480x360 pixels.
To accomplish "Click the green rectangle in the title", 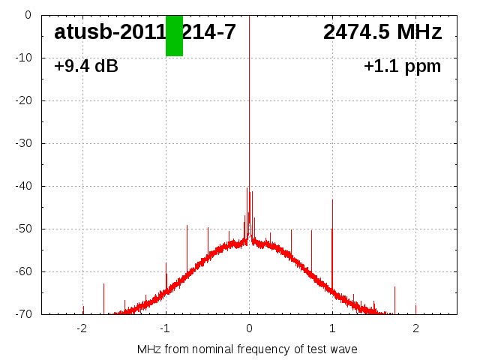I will click(174, 35).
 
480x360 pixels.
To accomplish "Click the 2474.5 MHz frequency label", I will click(382, 32).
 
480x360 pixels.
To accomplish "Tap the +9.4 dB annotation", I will click(86, 67).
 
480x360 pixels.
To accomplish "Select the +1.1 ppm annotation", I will click(402, 67).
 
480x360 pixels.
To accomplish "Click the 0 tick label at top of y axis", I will click(27, 15).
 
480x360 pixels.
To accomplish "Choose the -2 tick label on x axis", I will click(82, 328).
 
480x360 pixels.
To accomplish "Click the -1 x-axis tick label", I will click(165, 328).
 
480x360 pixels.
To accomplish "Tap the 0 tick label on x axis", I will click(249, 328).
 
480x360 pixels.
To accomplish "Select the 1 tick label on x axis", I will click(332, 328).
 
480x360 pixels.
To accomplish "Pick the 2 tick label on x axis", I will click(415, 328).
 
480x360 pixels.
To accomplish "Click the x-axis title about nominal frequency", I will click(247, 349).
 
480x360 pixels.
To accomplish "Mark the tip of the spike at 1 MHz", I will click(332, 199).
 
